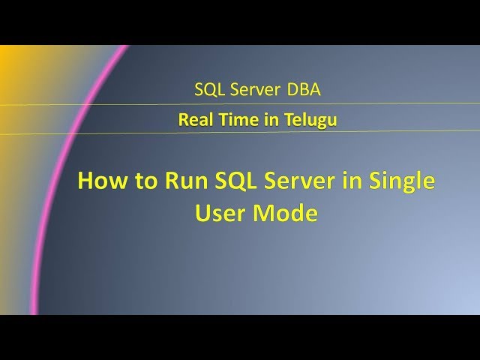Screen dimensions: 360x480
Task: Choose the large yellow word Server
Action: (301, 182)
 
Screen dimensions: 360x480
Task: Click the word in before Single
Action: (352, 182)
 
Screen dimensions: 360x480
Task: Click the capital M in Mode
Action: (263, 213)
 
